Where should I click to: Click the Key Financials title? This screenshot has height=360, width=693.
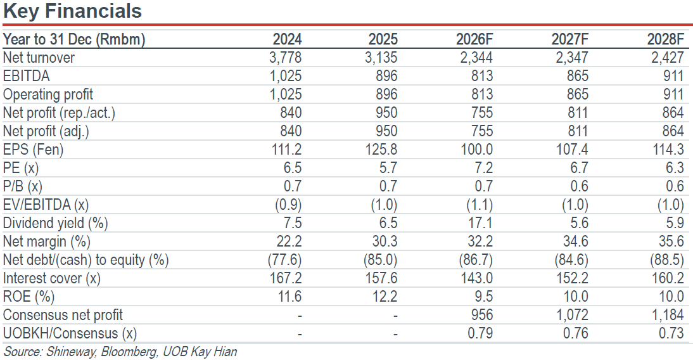coord(72,11)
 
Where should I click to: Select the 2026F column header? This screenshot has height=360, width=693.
coord(474,39)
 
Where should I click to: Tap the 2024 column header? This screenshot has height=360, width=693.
coord(288,39)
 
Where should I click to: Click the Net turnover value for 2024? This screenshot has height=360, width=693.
coord(286,58)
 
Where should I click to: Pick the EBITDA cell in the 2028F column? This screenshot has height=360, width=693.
coord(673,76)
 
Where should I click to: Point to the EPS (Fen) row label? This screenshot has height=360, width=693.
coord(33,150)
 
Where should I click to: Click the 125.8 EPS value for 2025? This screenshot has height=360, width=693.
coord(381,150)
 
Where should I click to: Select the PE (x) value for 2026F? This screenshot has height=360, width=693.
coord(483,168)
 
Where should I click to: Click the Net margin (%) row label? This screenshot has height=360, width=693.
coord(46,241)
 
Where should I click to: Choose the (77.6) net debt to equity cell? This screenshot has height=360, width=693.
coord(284,260)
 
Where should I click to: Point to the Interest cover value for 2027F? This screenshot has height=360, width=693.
coord(573,278)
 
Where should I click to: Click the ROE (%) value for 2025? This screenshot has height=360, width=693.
coord(385,297)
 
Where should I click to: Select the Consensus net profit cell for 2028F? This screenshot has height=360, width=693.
coord(668,315)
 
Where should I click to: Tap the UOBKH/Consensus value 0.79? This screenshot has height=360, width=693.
coord(480,333)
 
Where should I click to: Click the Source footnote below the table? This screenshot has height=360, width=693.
coord(120,352)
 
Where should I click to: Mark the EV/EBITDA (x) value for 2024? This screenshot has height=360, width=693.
coord(288,205)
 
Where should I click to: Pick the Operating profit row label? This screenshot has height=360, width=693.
coord(48,94)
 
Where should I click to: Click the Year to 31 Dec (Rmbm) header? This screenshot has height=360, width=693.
coord(74,39)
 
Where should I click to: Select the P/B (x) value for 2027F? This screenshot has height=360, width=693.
coord(579,186)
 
